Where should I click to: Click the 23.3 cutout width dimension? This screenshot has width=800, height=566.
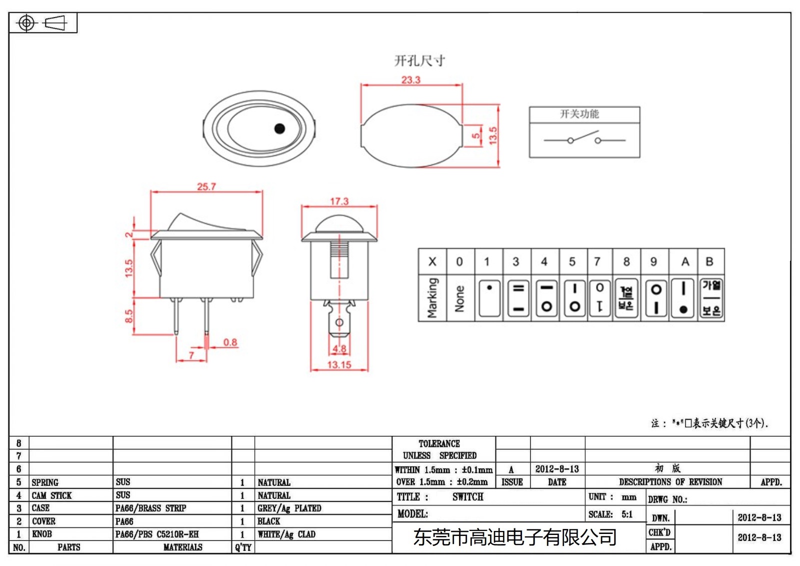(x=410, y=80)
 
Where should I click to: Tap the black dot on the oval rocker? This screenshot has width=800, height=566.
(x=279, y=129)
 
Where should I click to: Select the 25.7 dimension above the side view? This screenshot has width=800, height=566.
(x=206, y=187)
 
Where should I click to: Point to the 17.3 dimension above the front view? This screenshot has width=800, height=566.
(x=339, y=201)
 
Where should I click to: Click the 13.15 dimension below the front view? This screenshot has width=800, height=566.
(x=339, y=365)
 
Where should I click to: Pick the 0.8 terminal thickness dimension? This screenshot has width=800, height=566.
(x=230, y=342)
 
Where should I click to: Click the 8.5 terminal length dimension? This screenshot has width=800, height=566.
(x=129, y=316)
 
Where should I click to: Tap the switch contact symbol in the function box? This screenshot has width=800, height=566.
(x=584, y=139)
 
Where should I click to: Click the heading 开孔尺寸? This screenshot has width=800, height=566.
(x=419, y=61)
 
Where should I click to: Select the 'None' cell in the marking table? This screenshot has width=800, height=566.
(x=459, y=298)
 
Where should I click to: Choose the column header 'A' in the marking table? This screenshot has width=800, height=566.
(x=685, y=262)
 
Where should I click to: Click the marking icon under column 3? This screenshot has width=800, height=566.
(x=518, y=298)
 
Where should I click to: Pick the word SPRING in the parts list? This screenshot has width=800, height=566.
(x=45, y=482)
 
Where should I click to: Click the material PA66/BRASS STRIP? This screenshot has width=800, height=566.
(x=150, y=508)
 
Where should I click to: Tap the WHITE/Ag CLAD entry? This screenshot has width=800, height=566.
(x=286, y=534)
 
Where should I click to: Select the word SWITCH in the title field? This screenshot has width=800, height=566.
(x=467, y=497)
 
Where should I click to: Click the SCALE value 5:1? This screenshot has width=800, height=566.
(x=627, y=514)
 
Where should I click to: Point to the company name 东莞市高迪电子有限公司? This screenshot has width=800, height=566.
(x=514, y=537)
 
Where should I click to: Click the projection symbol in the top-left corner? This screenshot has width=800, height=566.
(x=42, y=23)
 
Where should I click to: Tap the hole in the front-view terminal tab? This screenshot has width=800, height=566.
(x=339, y=322)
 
